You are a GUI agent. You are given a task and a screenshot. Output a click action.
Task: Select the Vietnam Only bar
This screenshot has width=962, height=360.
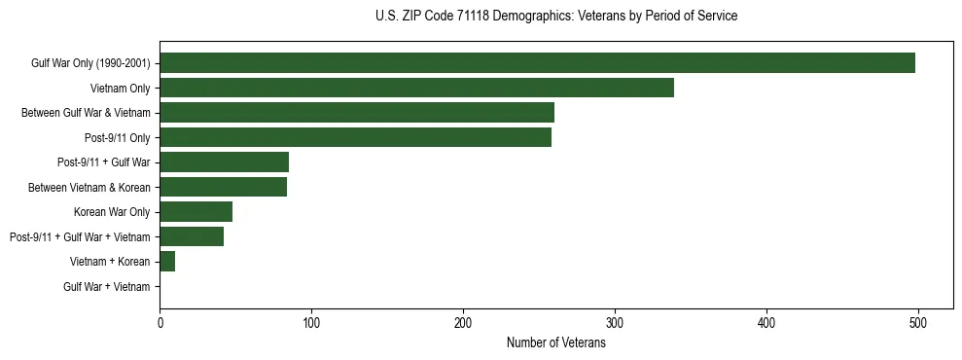tap(416, 89)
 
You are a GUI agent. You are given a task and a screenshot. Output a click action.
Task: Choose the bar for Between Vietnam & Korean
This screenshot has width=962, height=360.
tap(223, 187)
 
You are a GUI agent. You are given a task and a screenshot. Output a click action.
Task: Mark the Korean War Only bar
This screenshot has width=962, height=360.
tap(196, 211)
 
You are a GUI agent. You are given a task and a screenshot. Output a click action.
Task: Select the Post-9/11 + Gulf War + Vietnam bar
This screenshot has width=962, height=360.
tap(192, 236)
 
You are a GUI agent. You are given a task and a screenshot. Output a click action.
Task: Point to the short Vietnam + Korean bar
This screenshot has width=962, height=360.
tap(167, 261)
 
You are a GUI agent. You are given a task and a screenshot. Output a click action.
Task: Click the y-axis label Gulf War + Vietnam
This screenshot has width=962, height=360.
tap(107, 286)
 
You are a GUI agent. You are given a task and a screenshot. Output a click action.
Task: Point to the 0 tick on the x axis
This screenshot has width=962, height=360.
tap(160, 322)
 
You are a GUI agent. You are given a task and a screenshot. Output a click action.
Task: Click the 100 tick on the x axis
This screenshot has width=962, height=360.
tap(311, 322)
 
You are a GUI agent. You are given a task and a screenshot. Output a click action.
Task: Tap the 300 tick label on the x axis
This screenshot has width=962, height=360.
tap(615, 322)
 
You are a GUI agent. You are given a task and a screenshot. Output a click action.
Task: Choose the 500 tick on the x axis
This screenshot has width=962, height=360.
tap(918, 322)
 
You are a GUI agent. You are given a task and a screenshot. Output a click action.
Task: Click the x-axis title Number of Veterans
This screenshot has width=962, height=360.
tap(556, 342)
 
